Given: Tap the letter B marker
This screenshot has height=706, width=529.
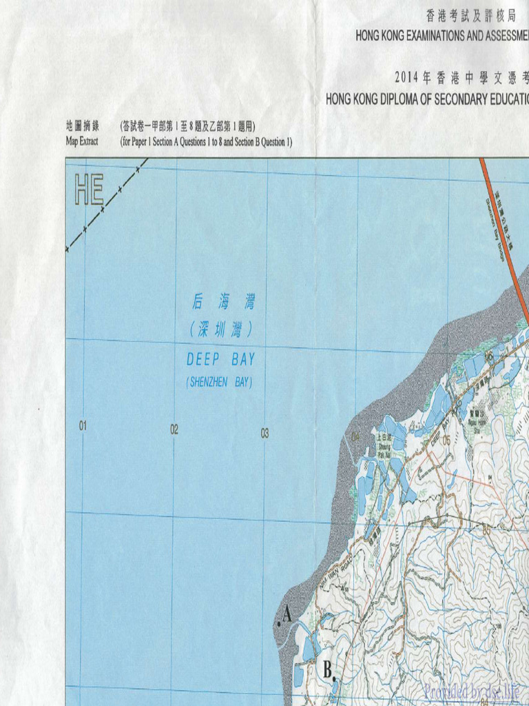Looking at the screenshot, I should click(x=329, y=669).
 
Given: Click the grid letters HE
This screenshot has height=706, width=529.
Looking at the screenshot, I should click(x=89, y=190).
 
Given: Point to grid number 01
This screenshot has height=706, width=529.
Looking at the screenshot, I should click(x=83, y=426).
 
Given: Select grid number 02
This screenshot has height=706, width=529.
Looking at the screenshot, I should click(x=174, y=430).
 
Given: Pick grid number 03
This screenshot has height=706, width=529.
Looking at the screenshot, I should click(x=264, y=434).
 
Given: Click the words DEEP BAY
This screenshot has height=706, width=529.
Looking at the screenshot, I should click(x=220, y=359).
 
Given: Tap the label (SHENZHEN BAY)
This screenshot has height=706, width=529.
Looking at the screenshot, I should click(x=219, y=382).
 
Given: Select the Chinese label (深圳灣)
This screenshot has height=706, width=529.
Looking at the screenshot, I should click(x=220, y=330).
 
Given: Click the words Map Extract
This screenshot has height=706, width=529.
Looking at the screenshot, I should click(x=82, y=141).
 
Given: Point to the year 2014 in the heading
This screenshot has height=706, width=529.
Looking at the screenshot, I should click(x=408, y=76).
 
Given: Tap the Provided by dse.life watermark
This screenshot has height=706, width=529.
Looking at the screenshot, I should click(x=473, y=691).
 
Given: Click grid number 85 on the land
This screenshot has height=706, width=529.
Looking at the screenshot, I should click(x=487, y=531).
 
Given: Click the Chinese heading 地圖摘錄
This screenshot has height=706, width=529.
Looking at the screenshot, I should click(x=82, y=126).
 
